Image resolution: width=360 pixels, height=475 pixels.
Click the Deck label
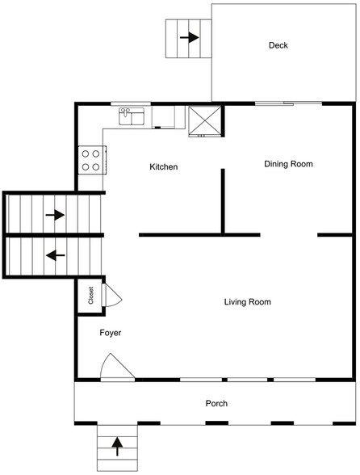[278, 46]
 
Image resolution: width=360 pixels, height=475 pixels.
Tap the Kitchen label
[164, 167]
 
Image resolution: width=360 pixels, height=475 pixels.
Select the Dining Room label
[288, 164]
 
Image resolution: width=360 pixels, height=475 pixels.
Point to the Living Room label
[247, 302]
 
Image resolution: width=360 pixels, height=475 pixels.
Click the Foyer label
[111, 333]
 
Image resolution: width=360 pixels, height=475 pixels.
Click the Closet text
[90, 295]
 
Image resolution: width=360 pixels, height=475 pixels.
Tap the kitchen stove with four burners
[91, 158]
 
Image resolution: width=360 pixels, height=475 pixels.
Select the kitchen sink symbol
[131, 117]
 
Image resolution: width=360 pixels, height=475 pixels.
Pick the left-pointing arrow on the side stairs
[55, 256]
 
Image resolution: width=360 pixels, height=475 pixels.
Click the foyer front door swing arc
[115, 368]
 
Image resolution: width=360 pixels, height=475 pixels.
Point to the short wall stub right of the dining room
[336, 235]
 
